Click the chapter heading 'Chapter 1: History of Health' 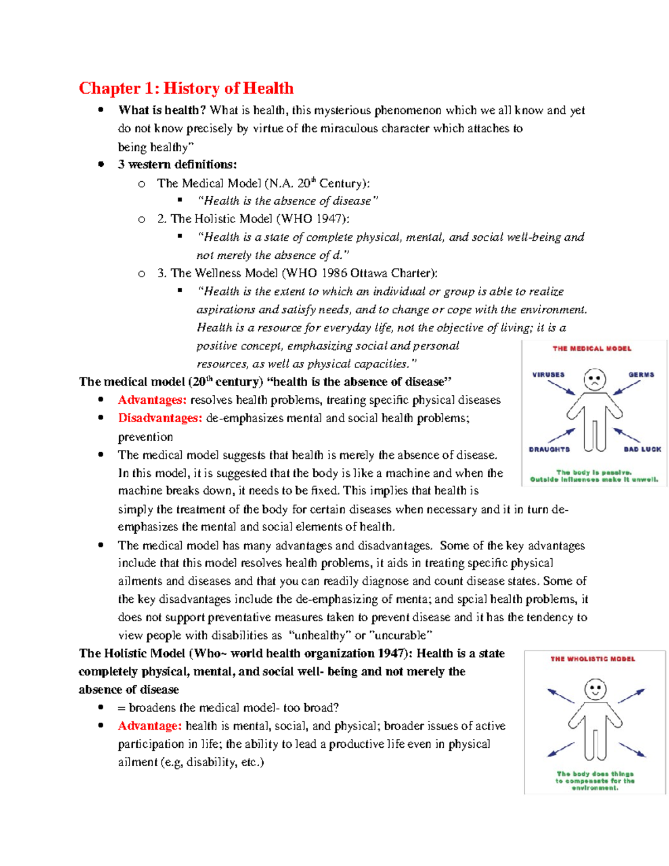[x=186, y=88]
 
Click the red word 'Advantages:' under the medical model [x=152, y=400]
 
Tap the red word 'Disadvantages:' [x=159, y=418]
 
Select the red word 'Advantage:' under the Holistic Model [x=149, y=725]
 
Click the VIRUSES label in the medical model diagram [x=548, y=375]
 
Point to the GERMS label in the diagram [x=641, y=375]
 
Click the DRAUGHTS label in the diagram [x=549, y=449]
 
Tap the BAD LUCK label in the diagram [x=642, y=449]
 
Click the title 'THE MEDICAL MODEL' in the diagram [x=592, y=349]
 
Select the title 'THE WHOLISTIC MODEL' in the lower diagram [x=593, y=659]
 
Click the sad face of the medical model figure [x=595, y=380]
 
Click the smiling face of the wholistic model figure [x=595, y=689]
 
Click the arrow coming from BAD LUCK [x=627, y=435]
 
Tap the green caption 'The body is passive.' [x=594, y=472]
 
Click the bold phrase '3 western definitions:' [x=177, y=165]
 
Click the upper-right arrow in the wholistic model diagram [x=631, y=695]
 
